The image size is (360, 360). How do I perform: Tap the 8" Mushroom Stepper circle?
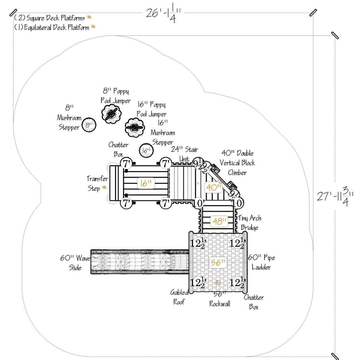89,125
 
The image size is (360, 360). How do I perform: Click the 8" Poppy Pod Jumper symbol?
112,114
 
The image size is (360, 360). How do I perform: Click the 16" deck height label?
146,183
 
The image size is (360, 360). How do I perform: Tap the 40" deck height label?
214,187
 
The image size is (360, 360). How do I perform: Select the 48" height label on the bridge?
219,222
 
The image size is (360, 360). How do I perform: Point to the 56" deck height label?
218,263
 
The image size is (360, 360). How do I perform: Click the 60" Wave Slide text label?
75,262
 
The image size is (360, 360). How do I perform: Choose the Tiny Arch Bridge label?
250,223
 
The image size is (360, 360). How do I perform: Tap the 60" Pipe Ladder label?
261,262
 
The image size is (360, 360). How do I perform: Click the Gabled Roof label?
179,297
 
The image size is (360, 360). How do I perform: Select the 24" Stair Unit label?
184,154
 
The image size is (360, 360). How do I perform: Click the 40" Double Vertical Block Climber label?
237,163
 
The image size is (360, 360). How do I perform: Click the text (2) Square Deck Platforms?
50,18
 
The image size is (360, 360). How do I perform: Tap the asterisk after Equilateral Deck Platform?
93,27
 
